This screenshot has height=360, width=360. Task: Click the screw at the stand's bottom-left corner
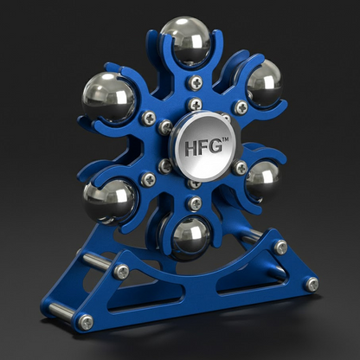click(x=86, y=323)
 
